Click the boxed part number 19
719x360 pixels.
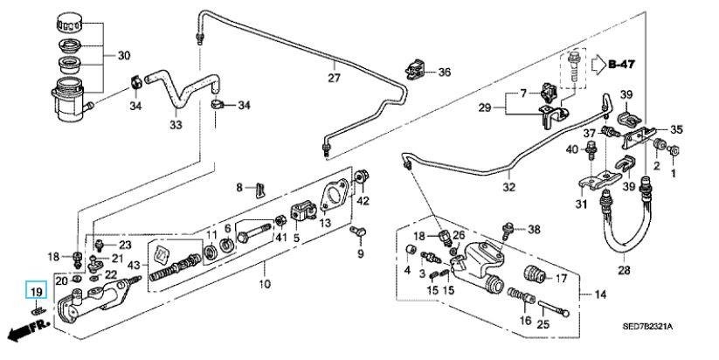click(x=35, y=293)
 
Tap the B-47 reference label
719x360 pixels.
click(x=622, y=64)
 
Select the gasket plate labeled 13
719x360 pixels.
click(x=332, y=197)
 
